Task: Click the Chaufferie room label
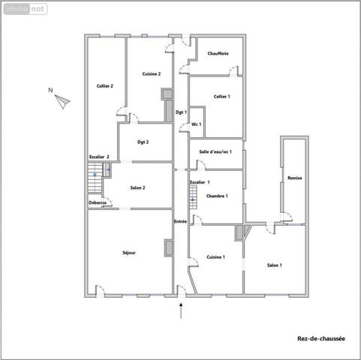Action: (x=218, y=53)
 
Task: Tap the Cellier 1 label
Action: (x=221, y=97)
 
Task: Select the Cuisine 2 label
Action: (x=152, y=74)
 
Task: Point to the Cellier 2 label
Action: (x=105, y=86)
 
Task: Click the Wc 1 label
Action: (x=197, y=124)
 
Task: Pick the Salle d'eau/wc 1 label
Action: (x=215, y=151)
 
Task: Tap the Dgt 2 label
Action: (x=143, y=142)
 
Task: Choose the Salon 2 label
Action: (x=137, y=187)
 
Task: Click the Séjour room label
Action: (x=129, y=253)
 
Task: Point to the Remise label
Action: (x=295, y=178)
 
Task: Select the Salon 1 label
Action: (x=275, y=265)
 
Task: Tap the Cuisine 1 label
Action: (x=215, y=257)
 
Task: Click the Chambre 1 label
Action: (x=217, y=196)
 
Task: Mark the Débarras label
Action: (x=98, y=202)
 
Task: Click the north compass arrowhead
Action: (x=62, y=101)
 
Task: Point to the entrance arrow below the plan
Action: (x=181, y=310)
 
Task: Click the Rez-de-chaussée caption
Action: (x=321, y=339)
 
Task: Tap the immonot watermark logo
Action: (x=26, y=9)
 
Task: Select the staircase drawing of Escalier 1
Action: (x=193, y=197)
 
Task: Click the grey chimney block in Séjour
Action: (x=168, y=248)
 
